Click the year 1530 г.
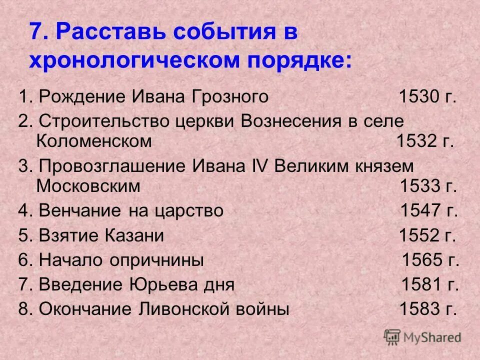pyautogui.click(x=427, y=96)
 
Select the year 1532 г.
pyautogui.click(x=425, y=141)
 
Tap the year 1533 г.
pyautogui.click(x=428, y=186)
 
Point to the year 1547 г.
pyautogui.click(x=429, y=210)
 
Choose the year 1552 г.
pyautogui.click(x=427, y=235)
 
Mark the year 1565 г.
pyautogui.click(x=430, y=260)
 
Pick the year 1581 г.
pyautogui.click(x=430, y=284)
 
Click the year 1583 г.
pyautogui.click(x=428, y=309)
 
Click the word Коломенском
pyautogui.click(x=94, y=141)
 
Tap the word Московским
pyautogui.click(x=88, y=186)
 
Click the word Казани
pyautogui.click(x=135, y=235)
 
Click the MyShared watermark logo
pyautogui.click(x=422, y=336)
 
